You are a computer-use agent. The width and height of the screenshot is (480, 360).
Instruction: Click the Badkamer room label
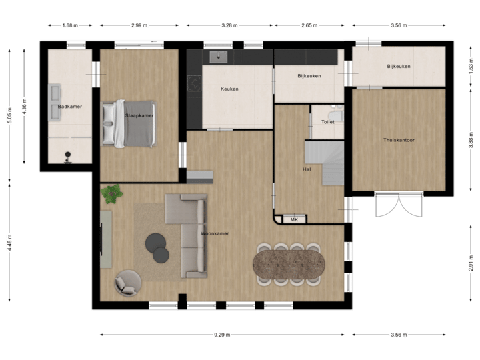[x=69, y=106]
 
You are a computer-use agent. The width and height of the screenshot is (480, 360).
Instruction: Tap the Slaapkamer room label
[x=139, y=115]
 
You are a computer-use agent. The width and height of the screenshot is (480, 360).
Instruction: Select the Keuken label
[x=229, y=89]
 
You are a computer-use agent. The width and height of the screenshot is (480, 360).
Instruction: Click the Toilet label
[x=327, y=122]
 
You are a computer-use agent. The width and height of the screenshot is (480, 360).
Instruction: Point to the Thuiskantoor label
[x=399, y=140]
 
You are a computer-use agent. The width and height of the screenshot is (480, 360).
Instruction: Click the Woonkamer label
[x=215, y=233]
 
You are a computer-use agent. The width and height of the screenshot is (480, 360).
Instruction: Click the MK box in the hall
[x=293, y=219]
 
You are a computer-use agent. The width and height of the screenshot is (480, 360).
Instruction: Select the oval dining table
[x=289, y=263]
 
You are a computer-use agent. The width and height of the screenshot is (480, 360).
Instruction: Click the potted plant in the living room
[x=112, y=194]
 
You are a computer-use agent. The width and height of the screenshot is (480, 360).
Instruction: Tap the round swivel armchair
[x=128, y=282]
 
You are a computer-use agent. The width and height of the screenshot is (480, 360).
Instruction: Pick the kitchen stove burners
[x=195, y=83]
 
